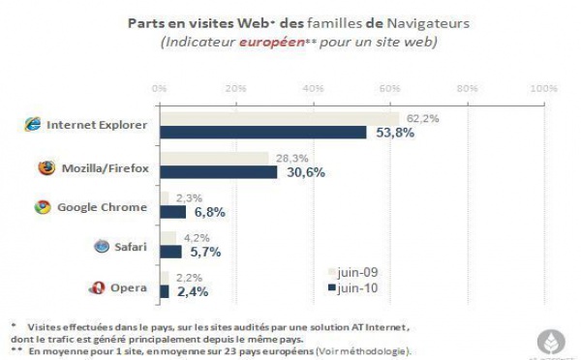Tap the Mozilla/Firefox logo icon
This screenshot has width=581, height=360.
(x=46, y=167)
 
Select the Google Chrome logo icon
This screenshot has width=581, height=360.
(x=42, y=207)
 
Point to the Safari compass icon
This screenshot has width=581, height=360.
(x=101, y=246)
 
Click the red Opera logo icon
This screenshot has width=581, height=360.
(x=97, y=287)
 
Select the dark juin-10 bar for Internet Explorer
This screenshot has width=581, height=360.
(x=262, y=133)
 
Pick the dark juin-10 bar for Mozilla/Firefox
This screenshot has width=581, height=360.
(x=218, y=172)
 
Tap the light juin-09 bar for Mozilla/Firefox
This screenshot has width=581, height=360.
(x=214, y=158)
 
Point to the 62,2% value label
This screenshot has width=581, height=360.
(x=423, y=118)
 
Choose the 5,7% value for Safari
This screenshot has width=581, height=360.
(x=205, y=252)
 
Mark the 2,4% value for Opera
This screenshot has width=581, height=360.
(x=192, y=291)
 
